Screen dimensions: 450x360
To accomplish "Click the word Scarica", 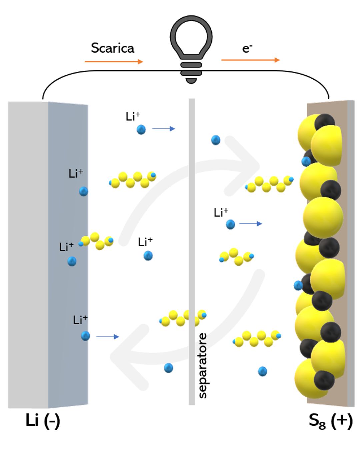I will click(x=113, y=48).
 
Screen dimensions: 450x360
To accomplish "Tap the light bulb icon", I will click(x=191, y=48).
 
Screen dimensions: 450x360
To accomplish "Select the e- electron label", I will click(x=247, y=49).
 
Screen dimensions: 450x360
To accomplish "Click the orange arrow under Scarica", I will click(x=114, y=62).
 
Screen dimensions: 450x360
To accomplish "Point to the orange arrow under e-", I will click(x=250, y=60).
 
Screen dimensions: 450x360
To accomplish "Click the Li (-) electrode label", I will click(x=43, y=420).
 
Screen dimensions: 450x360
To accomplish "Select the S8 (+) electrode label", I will click(x=330, y=421).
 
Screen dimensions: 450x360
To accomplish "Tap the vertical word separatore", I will click(x=202, y=365).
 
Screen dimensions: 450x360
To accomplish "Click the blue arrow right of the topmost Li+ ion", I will click(x=163, y=129).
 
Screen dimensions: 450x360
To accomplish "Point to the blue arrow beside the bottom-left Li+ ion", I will click(x=107, y=337).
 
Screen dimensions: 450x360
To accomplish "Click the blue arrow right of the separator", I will click(x=251, y=224).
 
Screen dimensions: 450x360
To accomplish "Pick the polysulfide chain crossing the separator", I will click(x=183, y=318).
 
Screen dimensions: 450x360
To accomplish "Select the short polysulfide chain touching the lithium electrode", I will click(x=96, y=241).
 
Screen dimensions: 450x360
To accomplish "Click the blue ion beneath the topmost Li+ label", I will click(x=141, y=129).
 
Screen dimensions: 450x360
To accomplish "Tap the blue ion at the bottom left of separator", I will click(x=168, y=368).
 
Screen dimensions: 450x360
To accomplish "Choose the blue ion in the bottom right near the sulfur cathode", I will click(x=262, y=371).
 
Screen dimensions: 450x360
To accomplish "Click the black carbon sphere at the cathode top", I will click(x=324, y=122).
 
